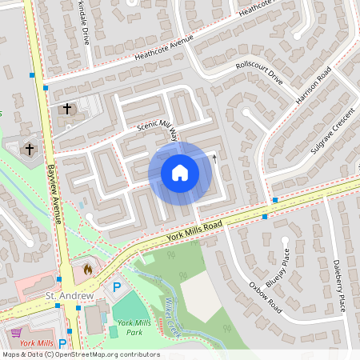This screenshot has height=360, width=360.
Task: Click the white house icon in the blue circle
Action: click(179, 173)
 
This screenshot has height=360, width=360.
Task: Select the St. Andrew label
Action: click(70, 296)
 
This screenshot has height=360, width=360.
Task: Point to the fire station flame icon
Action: click(87, 270)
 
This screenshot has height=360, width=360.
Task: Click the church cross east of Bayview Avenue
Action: click(67, 108)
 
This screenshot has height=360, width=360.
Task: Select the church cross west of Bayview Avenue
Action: click(30, 149)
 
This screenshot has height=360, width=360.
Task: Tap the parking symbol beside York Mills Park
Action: click(117, 286)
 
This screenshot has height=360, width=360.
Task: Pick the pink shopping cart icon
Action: click(15, 331)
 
